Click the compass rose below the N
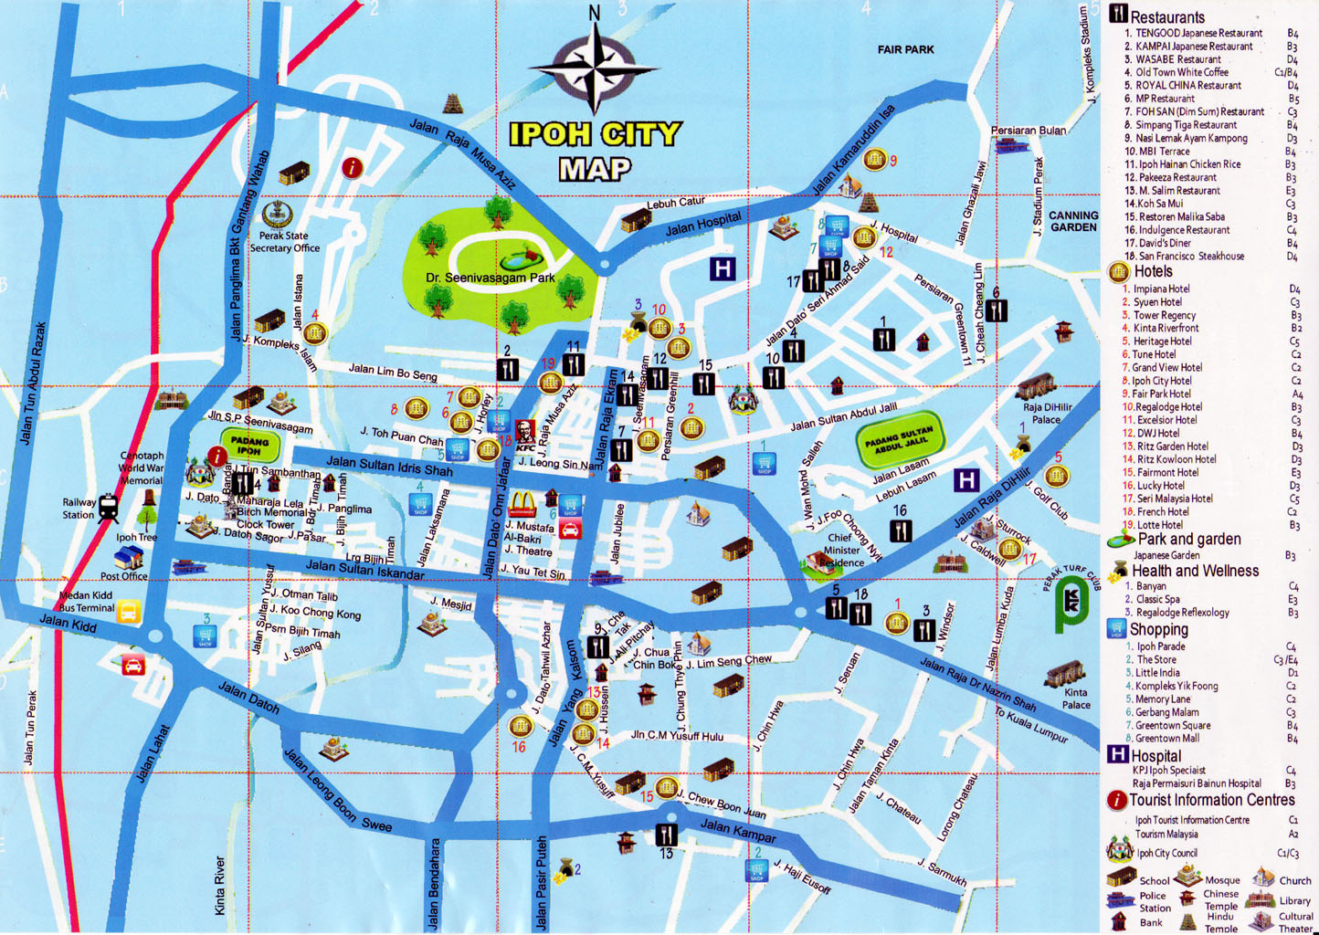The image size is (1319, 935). click(595, 68)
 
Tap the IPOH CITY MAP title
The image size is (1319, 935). click(595, 151)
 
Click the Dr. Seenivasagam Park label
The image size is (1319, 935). click(491, 278)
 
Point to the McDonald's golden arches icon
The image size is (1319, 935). click(522, 503)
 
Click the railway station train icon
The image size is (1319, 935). click(108, 508)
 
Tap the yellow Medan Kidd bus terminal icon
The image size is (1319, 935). click(129, 611)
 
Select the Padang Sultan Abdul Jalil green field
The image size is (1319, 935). click(899, 443)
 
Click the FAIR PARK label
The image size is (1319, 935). click(905, 49)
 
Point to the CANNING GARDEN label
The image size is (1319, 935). click(1073, 221)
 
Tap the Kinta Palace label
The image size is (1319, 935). click(1076, 698)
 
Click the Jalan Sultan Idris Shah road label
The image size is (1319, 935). click(389, 466)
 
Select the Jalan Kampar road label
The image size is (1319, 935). click(738, 831)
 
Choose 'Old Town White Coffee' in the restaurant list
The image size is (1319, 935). click(1181, 72)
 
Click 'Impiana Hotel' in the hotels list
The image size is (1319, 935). click(1161, 289)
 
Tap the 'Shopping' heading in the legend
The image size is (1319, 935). click(1158, 629)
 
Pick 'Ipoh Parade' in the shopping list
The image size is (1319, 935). click(1160, 646)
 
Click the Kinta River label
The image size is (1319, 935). click(220, 885)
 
